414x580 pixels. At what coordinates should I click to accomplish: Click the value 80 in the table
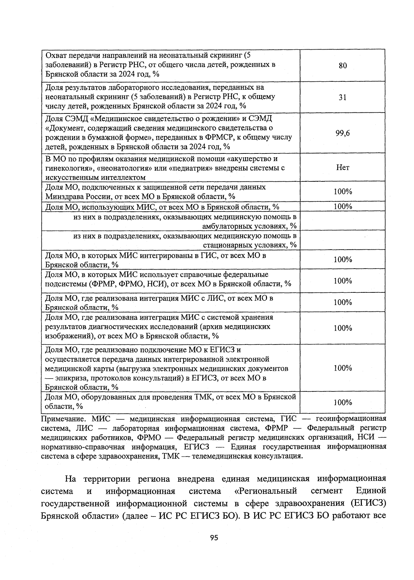(x=343, y=66)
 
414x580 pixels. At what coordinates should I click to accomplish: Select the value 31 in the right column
(x=343, y=97)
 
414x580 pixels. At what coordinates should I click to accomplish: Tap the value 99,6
(x=343, y=133)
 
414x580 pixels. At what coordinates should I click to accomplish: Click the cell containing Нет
(x=343, y=168)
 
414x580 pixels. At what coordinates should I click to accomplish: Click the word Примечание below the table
(x=63, y=419)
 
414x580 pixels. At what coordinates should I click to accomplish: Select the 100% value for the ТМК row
(x=343, y=402)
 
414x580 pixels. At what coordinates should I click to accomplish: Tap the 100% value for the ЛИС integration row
(x=343, y=302)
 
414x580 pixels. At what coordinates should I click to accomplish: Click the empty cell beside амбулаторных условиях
(x=343, y=221)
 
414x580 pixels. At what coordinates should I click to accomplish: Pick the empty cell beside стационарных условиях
(x=343, y=240)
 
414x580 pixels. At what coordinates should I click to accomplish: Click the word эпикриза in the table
(x=71, y=378)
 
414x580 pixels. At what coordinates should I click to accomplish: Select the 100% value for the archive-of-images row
(x=343, y=328)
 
